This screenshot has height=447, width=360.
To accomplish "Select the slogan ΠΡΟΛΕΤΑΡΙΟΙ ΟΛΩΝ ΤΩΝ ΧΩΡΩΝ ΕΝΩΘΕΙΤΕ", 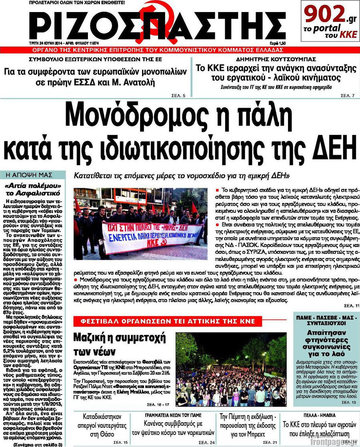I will click(77, 3).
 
